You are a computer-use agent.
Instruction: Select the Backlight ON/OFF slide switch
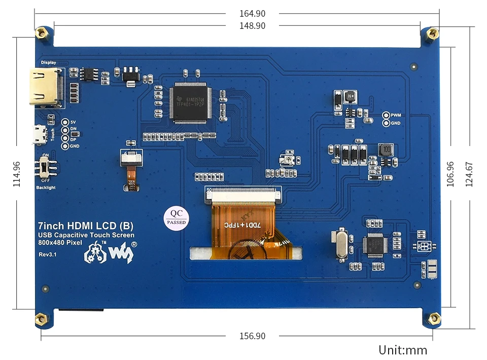click(46, 168)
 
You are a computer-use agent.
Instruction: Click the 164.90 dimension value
click(253, 14)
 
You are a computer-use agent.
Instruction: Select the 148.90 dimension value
click(253, 25)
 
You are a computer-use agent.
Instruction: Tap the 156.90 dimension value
click(253, 336)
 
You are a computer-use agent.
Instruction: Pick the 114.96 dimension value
click(16, 174)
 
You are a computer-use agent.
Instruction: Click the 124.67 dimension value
click(469, 174)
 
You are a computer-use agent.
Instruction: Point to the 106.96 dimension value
click(450, 174)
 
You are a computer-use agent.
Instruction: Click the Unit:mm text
click(402, 350)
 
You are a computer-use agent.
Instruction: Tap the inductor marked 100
click(386, 150)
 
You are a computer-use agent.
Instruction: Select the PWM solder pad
click(386, 116)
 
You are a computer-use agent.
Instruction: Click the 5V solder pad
click(65, 122)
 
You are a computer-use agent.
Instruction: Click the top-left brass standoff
click(42, 33)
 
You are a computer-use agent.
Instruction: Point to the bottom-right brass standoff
click(434, 319)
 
